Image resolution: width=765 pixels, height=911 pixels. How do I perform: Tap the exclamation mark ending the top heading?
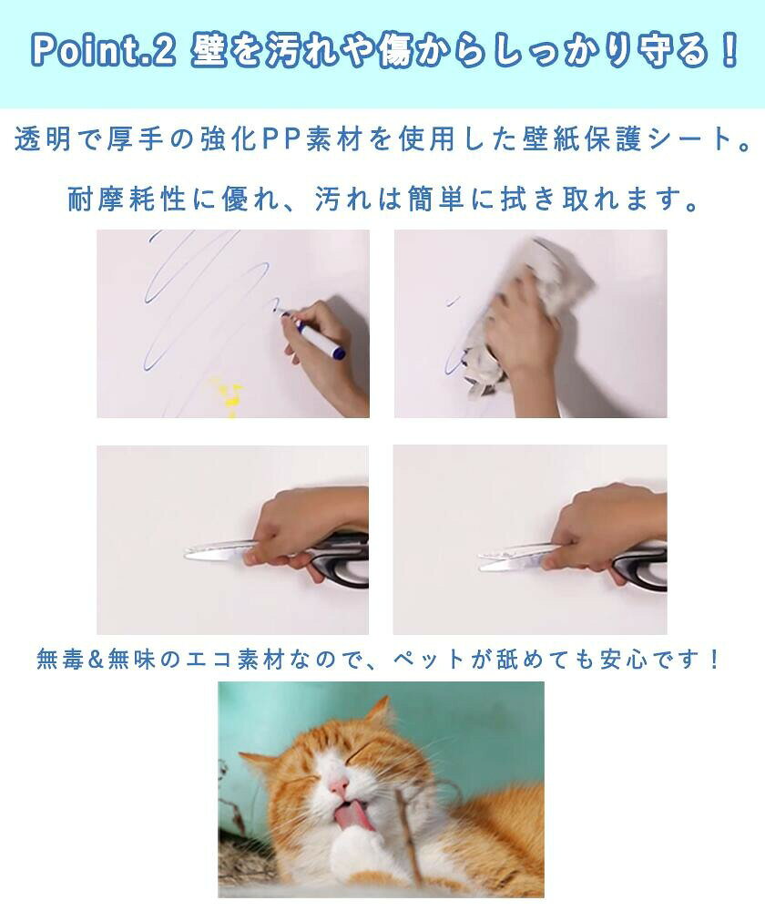(728, 49)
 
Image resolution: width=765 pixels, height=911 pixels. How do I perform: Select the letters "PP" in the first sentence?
(281, 139)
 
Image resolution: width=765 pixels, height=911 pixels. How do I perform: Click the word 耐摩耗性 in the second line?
(126, 200)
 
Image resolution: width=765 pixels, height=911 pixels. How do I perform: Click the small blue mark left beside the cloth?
(453, 301)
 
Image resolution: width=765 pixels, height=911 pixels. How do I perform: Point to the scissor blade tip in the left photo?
(187, 554)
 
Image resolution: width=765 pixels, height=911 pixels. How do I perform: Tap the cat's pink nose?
(338, 787)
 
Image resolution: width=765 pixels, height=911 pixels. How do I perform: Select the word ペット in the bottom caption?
(430, 660)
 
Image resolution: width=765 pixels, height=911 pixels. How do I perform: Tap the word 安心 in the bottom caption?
(624, 660)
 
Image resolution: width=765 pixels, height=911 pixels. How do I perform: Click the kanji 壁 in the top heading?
(208, 50)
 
